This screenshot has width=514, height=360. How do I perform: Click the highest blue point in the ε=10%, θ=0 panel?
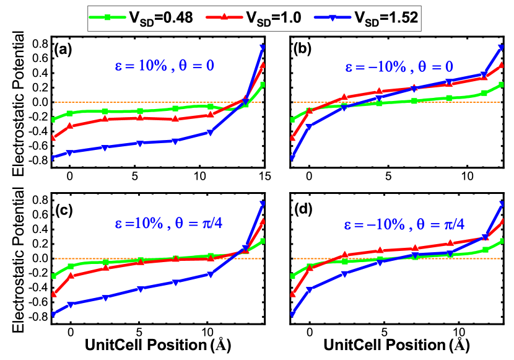[x=263, y=48]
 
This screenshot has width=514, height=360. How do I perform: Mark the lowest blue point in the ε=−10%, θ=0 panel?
[x=292, y=159]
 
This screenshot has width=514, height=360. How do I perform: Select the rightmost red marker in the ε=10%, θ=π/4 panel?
[x=263, y=221]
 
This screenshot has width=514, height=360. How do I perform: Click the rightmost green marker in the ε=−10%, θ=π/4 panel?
[x=501, y=240]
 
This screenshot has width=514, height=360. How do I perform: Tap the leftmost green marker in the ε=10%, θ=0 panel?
[x=53, y=120]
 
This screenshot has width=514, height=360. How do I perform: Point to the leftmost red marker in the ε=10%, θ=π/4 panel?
[x=53, y=294]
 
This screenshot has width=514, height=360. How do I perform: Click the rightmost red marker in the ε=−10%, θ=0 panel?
[x=501, y=64]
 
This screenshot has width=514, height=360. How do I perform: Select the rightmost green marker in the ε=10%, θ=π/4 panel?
[x=263, y=240]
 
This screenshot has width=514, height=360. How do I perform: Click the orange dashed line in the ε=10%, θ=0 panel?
[x=155, y=102]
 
